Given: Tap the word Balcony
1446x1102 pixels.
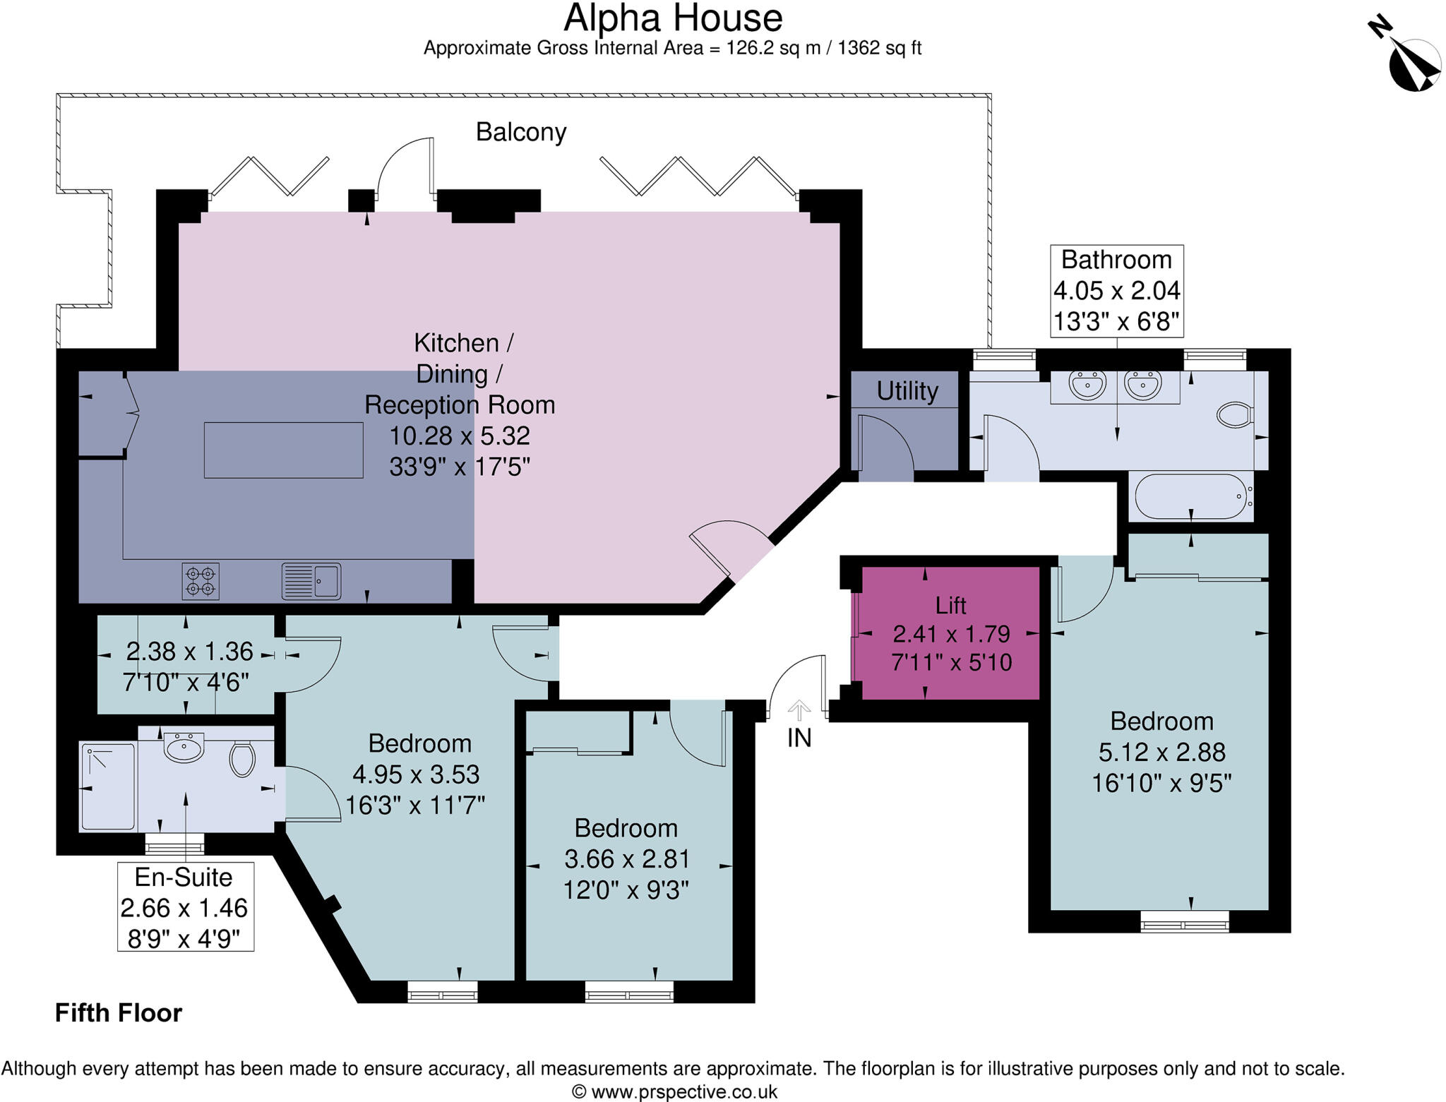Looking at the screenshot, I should pyautogui.click(x=521, y=132).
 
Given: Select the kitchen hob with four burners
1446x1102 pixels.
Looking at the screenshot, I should pyautogui.click(x=201, y=581).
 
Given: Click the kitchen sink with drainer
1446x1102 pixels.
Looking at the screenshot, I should pyautogui.click(x=311, y=581).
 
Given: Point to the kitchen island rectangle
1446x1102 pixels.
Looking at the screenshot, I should pyautogui.click(x=283, y=450).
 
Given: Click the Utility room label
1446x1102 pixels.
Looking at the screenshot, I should pyautogui.click(x=907, y=390).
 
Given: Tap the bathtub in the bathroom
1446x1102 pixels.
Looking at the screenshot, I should pyautogui.click(x=1190, y=497).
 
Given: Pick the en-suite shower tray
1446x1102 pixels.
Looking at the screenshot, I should pyautogui.click(x=108, y=786).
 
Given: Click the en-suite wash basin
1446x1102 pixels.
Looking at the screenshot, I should pyautogui.click(x=184, y=747).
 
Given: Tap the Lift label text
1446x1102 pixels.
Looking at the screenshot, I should pyautogui.click(x=950, y=605).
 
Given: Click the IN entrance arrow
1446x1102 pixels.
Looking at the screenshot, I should pyautogui.click(x=799, y=711).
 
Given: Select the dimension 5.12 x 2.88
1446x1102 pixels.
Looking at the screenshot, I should pyautogui.click(x=1161, y=752).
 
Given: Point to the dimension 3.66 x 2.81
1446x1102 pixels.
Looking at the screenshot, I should pyautogui.click(x=626, y=858).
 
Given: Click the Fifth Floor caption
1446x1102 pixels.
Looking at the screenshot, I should pyautogui.click(x=119, y=1013).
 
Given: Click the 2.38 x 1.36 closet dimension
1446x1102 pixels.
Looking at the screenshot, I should pyautogui.click(x=189, y=651).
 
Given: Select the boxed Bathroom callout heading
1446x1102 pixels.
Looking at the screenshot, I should pyautogui.click(x=1116, y=260).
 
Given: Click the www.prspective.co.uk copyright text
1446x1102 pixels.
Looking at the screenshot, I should pyautogui.click(x=674, y=1092).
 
